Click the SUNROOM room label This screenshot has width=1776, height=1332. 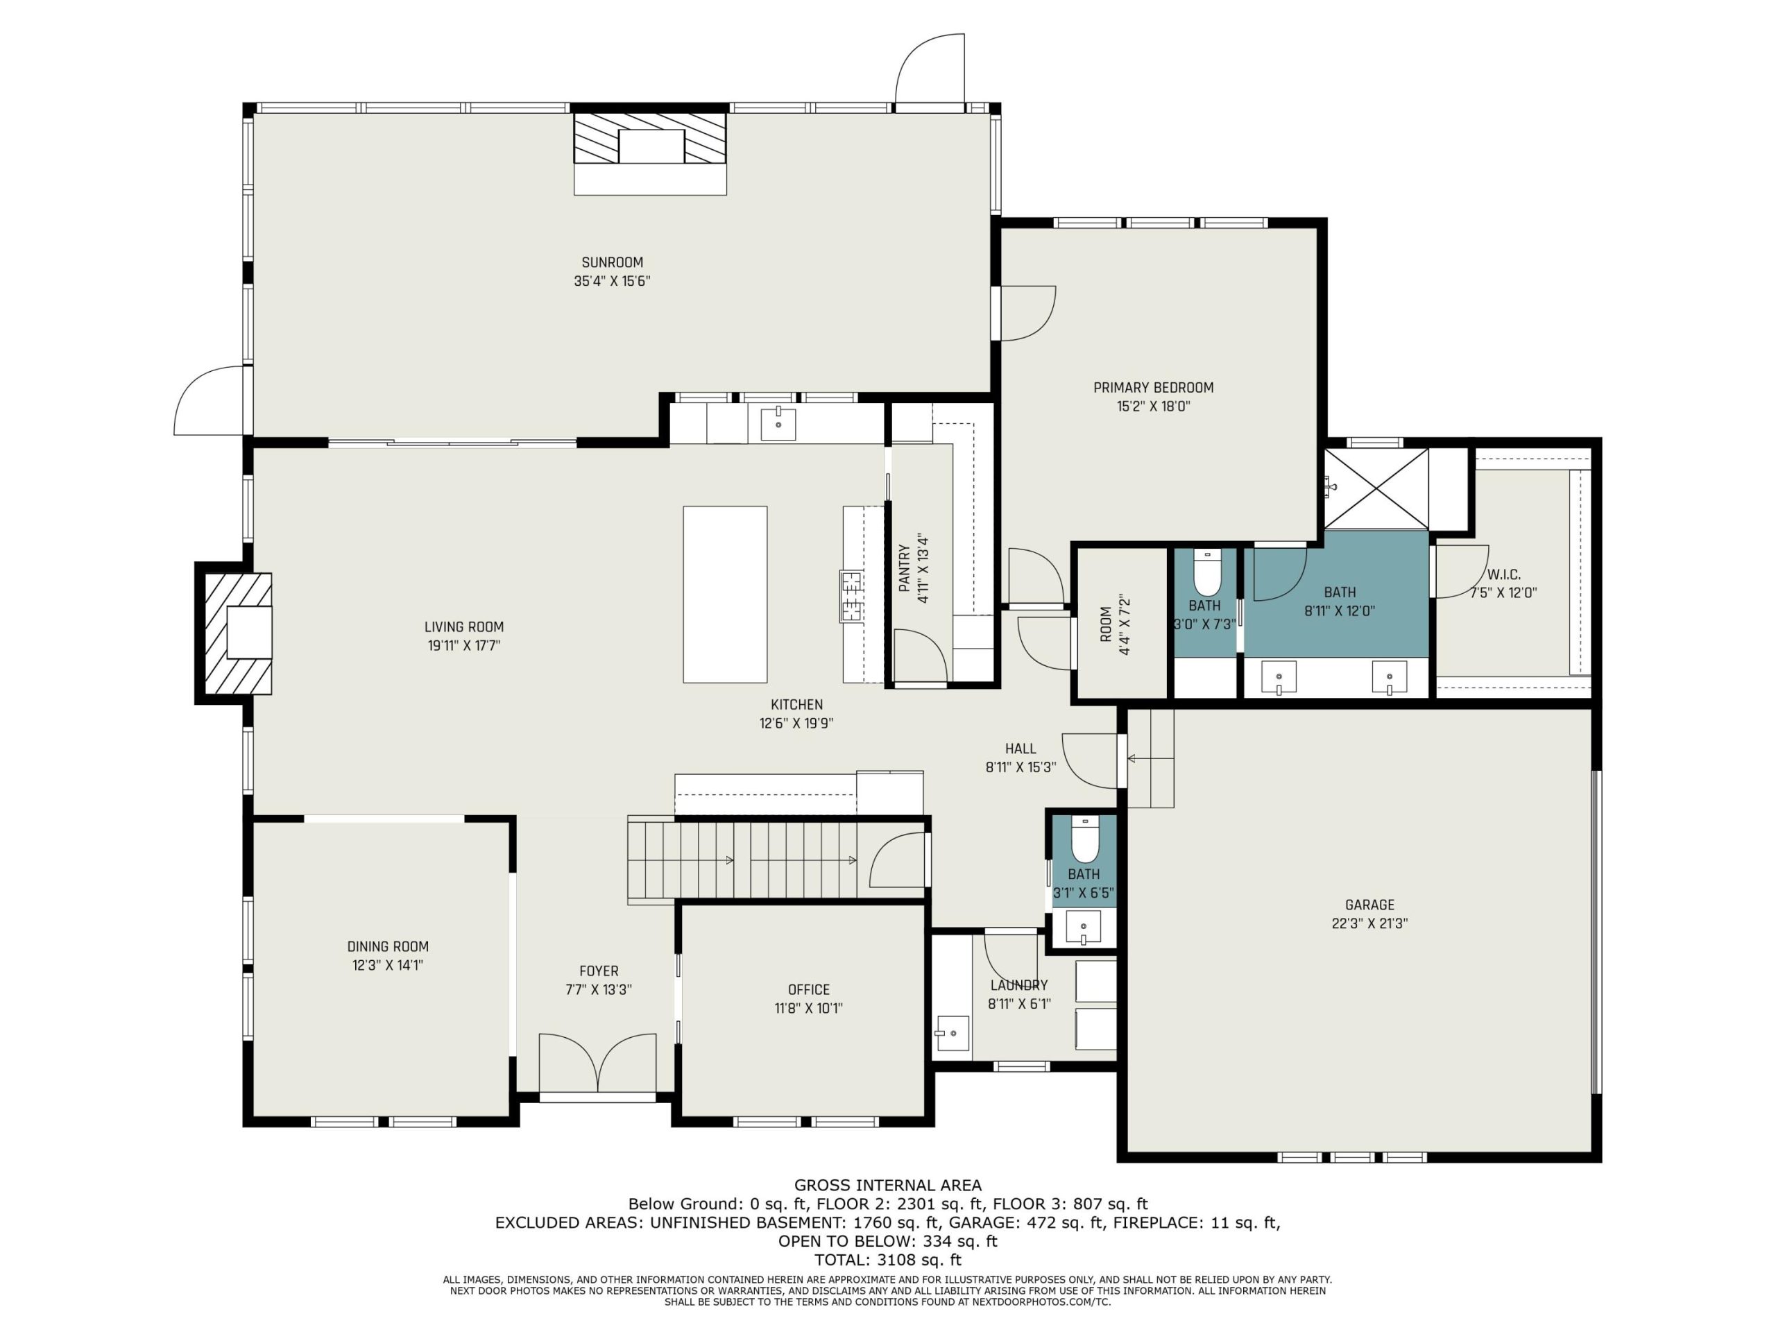[612, 262]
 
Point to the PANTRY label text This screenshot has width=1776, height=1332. [905, 568]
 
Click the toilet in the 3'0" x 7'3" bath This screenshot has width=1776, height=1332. [1206, 571]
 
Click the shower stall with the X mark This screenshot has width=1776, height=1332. [1376, 489]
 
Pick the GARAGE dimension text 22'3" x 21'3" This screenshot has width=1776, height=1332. [1369, 923]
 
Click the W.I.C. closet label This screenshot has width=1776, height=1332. [1503, 575]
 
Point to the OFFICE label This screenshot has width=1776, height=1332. [808, 990]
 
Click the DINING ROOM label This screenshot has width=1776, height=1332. [388, 946]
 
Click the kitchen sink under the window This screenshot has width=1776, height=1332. [778, 424]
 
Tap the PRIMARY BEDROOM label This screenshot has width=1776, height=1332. [1154, 388]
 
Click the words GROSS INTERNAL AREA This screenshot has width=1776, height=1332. [888, 1185]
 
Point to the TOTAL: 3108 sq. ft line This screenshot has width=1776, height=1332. [888, 1260]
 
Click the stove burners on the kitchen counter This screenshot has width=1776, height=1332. [851, 595]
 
